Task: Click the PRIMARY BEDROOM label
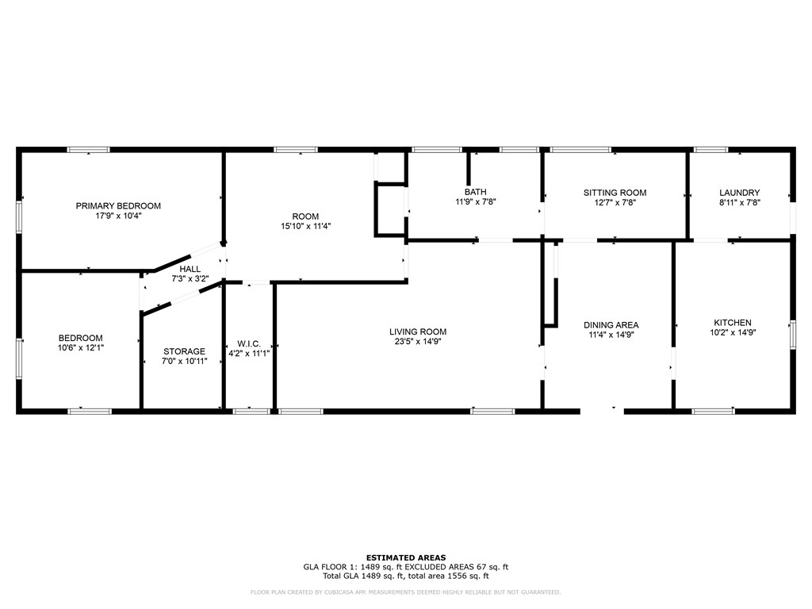[x=118, y=206]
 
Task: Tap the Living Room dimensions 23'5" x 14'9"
[x=418, y=343]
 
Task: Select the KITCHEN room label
[x=733, y=323]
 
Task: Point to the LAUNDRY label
[x=739, y=193]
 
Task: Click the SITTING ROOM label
[x=615, y=193]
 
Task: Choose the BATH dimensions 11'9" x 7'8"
[x=476, y=201]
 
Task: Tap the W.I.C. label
[x=249, y=343]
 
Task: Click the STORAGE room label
[x=184, y=351]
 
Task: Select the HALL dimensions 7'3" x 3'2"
[x=190, y=279]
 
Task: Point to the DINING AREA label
[x=611, y=325]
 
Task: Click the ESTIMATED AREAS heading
[x=405, y=557]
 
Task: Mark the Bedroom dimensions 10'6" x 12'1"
[x=80, y=347]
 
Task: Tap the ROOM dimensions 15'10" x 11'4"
[x=305, y=226]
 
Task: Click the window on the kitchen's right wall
[x=792, y=334]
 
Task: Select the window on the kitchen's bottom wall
[x=714, y=411]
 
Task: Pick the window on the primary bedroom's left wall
[x=19, y=216]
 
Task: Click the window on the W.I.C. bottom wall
[x=251, y=411]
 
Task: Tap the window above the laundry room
[x=710, y=149]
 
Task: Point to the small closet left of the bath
[x=390, y=210]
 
